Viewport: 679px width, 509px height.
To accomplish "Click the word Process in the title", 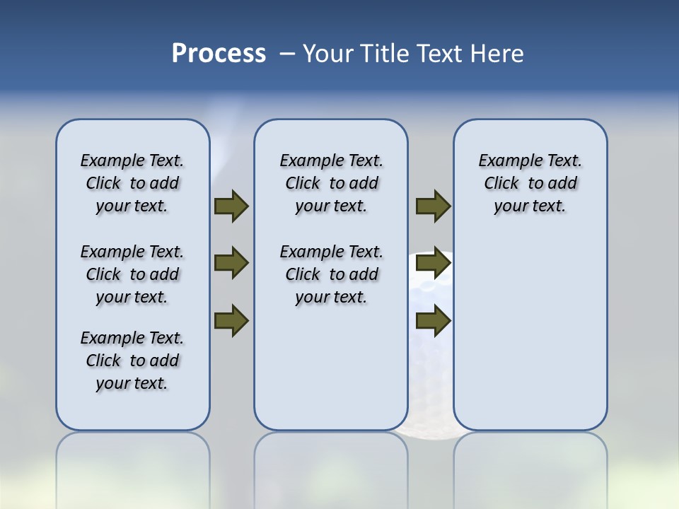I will point(219,54).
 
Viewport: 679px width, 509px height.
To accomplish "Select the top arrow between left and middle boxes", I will point(231,206).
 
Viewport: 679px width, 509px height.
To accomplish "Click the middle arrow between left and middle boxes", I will point(231,263).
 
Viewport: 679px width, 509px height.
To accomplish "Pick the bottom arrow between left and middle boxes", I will point(231,320).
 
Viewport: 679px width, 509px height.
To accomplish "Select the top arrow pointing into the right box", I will point(433,206).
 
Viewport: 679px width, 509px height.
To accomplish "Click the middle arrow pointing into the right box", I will point(433,263).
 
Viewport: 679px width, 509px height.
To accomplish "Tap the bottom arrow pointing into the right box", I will point(433,320).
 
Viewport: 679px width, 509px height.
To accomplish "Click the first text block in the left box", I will point(132,183).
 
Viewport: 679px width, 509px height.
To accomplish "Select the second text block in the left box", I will point(132,274).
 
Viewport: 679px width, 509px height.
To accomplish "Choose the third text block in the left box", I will point(132,361).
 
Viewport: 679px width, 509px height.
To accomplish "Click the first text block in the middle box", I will point(331,183).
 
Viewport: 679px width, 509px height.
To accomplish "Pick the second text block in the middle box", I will point(331,274).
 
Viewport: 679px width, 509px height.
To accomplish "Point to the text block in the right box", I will point(530,183).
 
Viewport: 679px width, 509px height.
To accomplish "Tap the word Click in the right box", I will point(501,184).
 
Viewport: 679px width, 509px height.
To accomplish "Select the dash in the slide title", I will point(287,54).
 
